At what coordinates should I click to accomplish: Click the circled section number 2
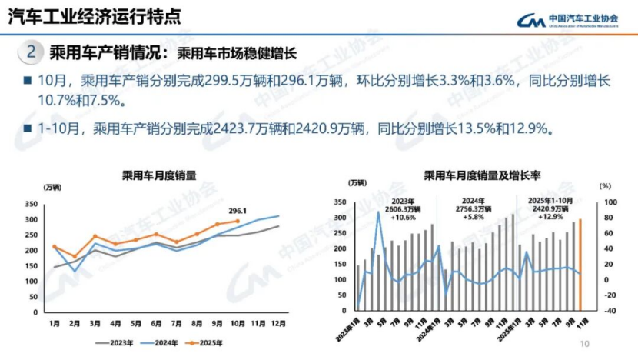(31, 52)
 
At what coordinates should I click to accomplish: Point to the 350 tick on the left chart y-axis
(32, 204)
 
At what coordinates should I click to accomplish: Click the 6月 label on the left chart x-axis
(156, 324)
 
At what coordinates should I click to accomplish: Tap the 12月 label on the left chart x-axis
(278, 324)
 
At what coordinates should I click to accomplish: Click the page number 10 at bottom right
(585, 344)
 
